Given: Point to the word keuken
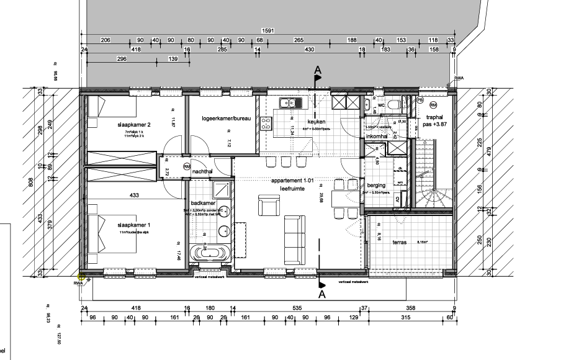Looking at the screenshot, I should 316,122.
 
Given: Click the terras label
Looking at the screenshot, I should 399,243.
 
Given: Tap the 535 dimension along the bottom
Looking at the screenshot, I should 297,308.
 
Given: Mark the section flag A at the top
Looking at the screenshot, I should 318,72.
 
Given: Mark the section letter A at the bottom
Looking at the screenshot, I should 321,294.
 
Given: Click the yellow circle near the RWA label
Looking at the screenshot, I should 81,278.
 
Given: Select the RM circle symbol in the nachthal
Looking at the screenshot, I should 186,167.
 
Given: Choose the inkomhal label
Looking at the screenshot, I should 377,136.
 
